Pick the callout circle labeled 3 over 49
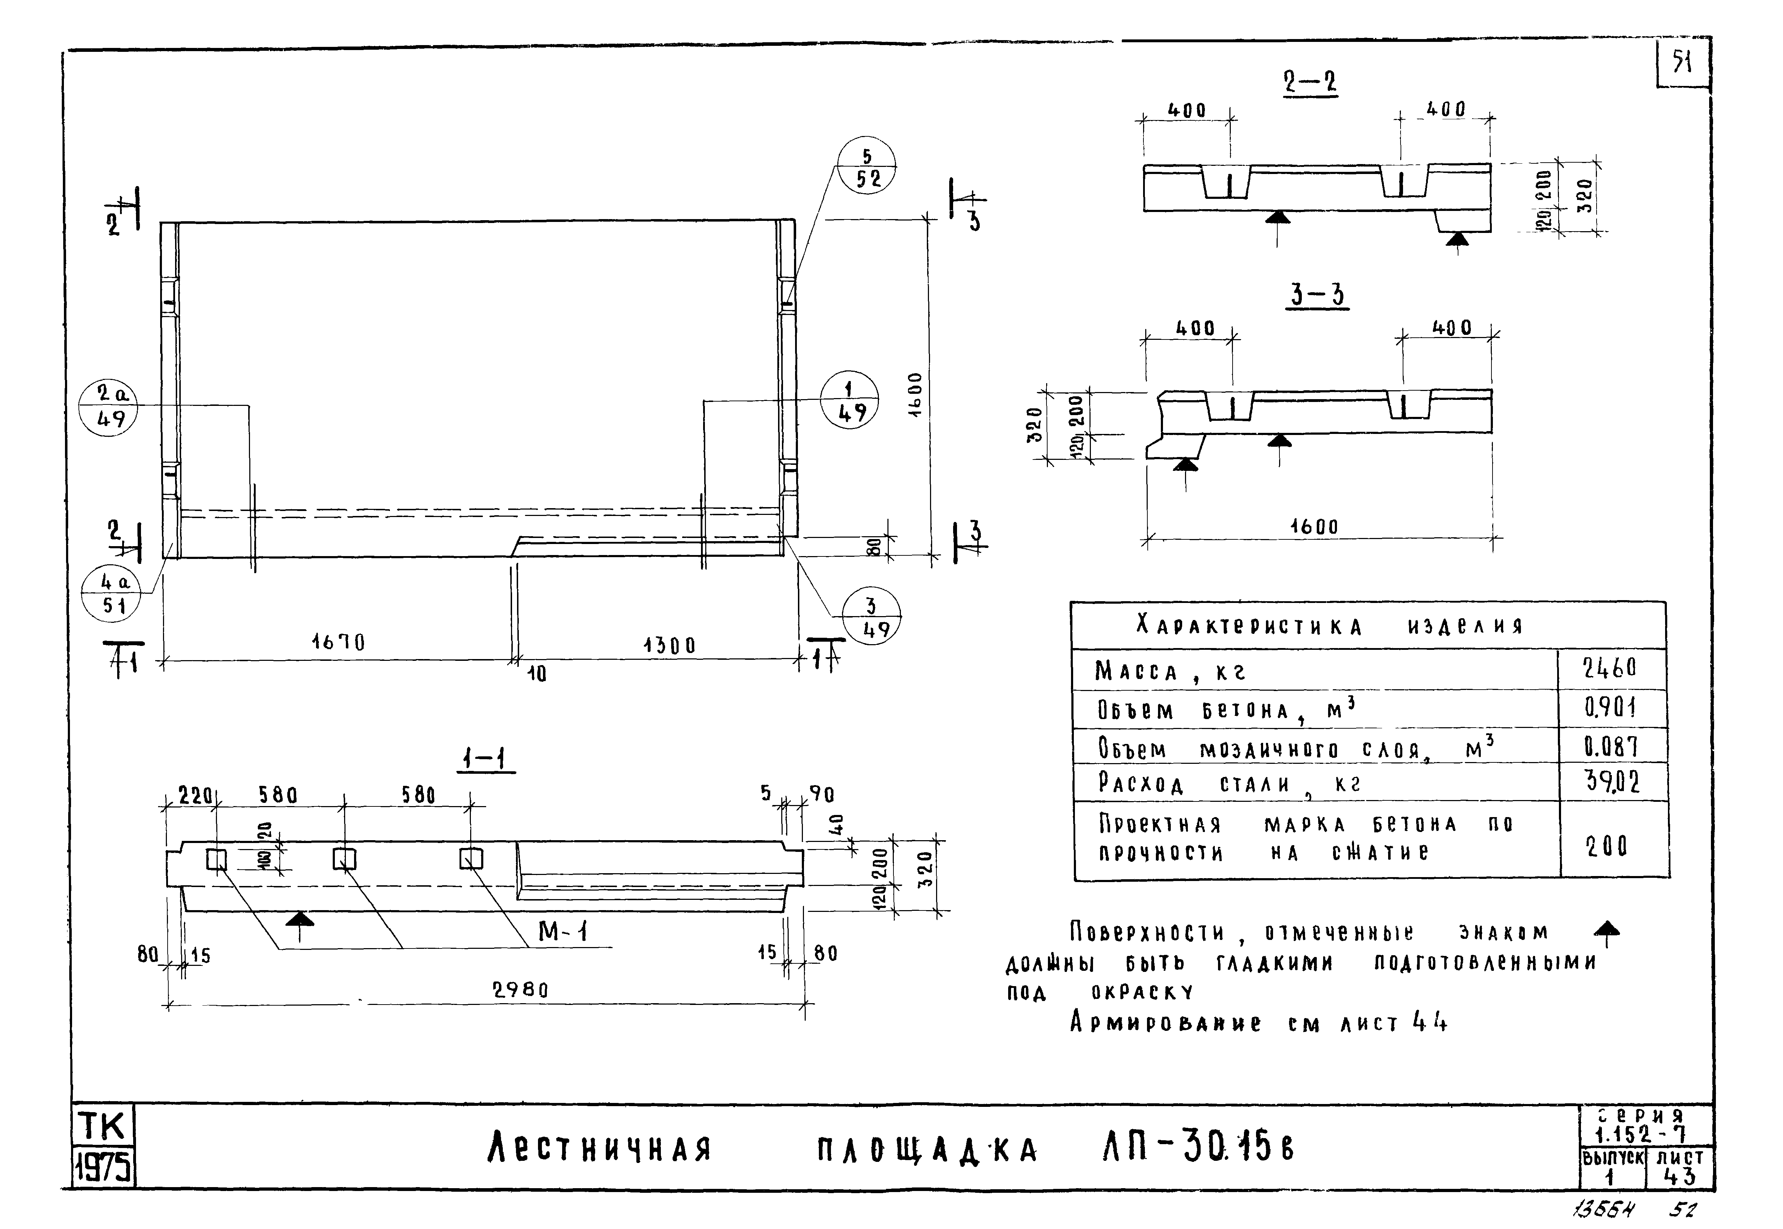pos(871,617)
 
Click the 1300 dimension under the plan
pos(669,645)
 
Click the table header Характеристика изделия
pos(1330,625)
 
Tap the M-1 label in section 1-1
pos(563,932)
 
